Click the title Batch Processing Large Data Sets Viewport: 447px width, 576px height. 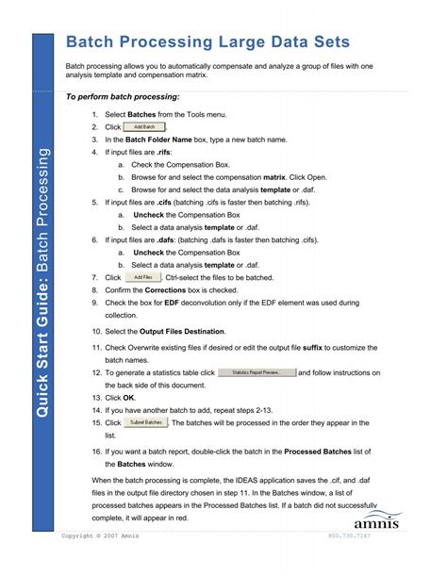(207, 42)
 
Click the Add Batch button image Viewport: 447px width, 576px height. (144, 126)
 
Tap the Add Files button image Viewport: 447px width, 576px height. (142, 278)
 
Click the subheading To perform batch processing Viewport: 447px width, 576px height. (123, 97)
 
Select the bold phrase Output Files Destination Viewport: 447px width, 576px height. (182, 332)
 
